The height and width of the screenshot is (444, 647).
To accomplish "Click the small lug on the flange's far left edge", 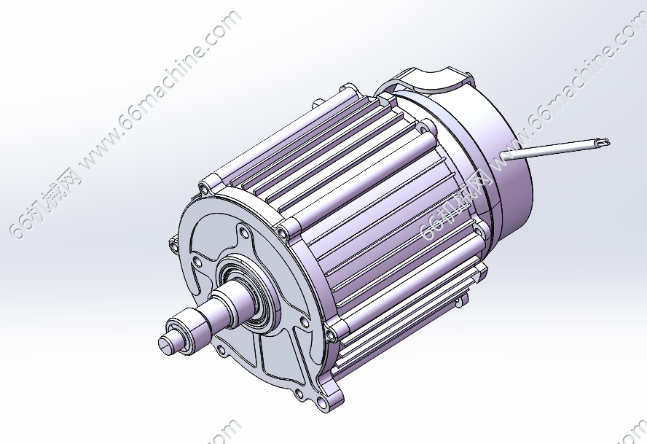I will [x=173, y=242].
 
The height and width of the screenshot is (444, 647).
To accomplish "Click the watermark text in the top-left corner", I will [x=124, y=124].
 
